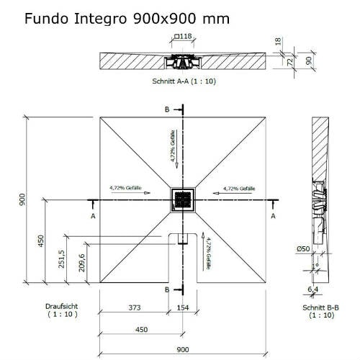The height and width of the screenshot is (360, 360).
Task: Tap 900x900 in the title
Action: (x=168, y=19)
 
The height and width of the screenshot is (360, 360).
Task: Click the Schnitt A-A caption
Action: (x=184, y=81)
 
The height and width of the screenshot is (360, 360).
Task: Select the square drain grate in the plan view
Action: (x=182, y=199)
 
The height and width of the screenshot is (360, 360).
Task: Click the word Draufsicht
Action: (x=62, y=306)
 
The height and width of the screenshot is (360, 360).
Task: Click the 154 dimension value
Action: (x=183, y=308)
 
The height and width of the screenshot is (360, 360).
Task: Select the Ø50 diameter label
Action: (x=302, y=249)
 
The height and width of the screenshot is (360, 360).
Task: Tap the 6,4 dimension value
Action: (x=312, y=290)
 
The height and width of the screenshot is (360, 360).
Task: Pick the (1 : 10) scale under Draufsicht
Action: (x=63, y=315)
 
